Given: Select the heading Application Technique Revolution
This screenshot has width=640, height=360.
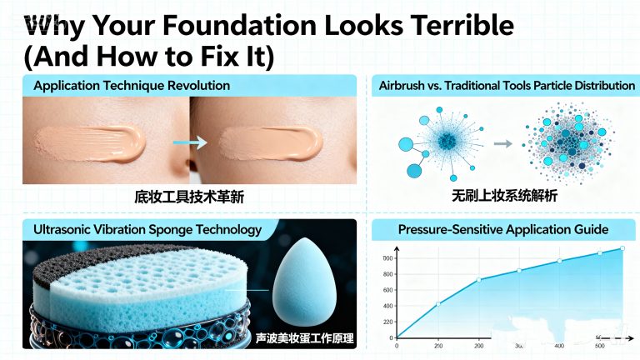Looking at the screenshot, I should [132, 85].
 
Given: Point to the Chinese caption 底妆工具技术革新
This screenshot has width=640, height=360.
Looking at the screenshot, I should [189, 197].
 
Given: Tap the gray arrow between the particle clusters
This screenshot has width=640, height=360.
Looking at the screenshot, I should [502, 143].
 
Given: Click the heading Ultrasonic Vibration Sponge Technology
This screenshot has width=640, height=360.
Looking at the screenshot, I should [147, 229].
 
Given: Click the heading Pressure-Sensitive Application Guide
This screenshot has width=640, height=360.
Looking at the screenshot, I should [503, 229].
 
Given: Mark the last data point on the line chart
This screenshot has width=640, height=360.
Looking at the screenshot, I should [622, 248].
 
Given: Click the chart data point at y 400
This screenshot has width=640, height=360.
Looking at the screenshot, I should [438, 303].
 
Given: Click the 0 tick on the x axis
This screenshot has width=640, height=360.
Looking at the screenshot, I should [397, 345].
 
